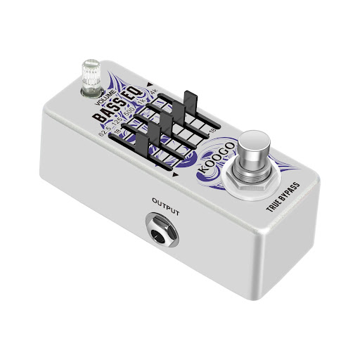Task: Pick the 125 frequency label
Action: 116,120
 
